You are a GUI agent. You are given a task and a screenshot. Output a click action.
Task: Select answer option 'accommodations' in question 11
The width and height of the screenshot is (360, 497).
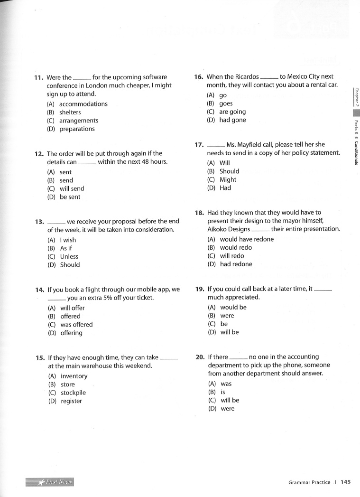pyautogui.click(x=83, y=104)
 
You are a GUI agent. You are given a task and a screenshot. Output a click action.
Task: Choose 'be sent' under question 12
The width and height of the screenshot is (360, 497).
pyautogui.click(x=70, y=197)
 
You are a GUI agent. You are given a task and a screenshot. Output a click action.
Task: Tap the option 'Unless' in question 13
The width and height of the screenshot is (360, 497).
pyautogui.click(x=69, y=256)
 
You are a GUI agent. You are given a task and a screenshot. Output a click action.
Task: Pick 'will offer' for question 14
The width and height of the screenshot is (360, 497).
pyautogui.click(x=72, y=308)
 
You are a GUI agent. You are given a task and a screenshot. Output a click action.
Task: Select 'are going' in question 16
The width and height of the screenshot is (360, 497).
pyautogui.click(x=232, y=112)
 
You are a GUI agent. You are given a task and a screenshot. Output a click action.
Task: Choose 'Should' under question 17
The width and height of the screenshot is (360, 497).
pyautogui.click(x=229, y=171)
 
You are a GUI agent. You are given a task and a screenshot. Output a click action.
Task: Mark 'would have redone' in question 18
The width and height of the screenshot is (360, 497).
pyautogui.click(x=247, y=239)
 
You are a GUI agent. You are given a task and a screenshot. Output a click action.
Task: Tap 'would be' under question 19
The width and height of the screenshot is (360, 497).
pyautogui.click(x=233, y=307)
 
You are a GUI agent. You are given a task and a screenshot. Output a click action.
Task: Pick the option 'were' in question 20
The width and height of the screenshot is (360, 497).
pyautogui.click(x=227, y=409)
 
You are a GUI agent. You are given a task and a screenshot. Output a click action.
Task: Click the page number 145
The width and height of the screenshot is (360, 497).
pyautogui.click(x=345, y=482)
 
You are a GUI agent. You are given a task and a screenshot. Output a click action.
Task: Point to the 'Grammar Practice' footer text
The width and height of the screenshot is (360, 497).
pyautogui.click(x=309, y=482)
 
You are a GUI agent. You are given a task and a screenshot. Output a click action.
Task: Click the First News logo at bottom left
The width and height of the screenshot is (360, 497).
pyautogui.click(x=50, y=482)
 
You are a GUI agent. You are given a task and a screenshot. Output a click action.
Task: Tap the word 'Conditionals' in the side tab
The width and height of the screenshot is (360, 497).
pyautogui.click(x=356, y=152)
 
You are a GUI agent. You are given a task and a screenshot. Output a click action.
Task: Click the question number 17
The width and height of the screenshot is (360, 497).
pyautogui.click(x=199, y=145)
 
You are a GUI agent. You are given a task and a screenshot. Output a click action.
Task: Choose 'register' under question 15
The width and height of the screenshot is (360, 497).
pyautogui.click(x=71, y=401)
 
